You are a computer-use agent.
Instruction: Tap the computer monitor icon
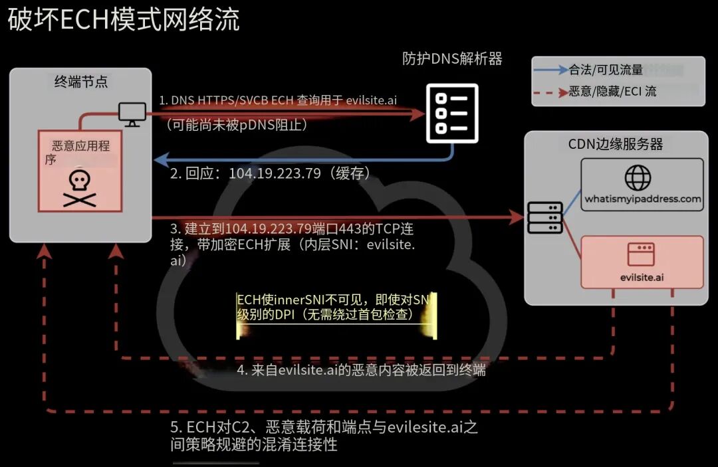coord(132,114)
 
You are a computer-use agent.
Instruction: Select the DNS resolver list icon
coord(453,114)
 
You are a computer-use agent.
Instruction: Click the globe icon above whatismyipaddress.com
coord(638,177)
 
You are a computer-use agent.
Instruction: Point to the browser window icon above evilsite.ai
coord(641,254)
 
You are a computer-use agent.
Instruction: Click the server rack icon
coord(545,218)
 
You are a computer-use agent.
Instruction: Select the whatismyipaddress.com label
coord(642,199)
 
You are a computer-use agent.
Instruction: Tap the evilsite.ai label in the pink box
coord(642,277)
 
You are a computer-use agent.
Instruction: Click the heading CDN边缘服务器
coord(616,144)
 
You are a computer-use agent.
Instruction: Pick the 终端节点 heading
coord(81,82)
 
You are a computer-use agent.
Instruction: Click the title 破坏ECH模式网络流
coord(124,20)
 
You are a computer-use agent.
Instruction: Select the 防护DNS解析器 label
coord(452,58)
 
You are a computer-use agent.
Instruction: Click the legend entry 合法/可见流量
coord(606,70)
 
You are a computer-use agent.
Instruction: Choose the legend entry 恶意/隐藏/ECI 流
coord(612,92)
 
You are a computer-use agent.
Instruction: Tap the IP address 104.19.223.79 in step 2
coord(275,173)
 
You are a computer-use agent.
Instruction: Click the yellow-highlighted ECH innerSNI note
coord(334,307)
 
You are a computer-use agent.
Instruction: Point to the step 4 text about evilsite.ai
coord(361,369)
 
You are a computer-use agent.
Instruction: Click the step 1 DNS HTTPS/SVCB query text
coord(278,100)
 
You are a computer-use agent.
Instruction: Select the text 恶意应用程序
coord(78,152)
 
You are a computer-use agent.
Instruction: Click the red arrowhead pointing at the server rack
coord(517,217)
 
